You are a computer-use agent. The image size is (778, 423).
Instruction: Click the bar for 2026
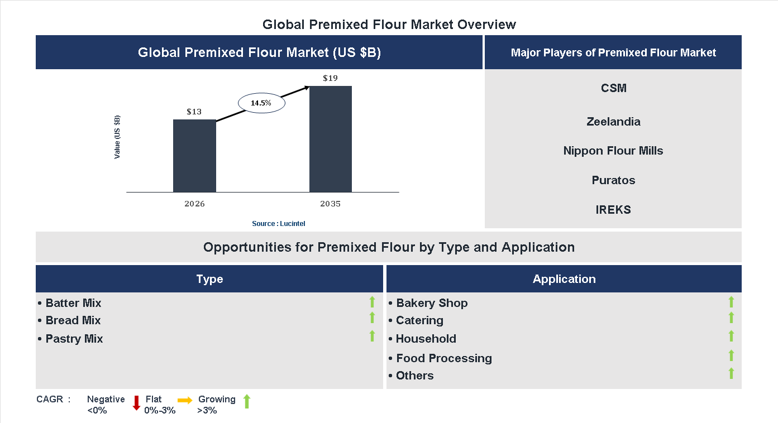pos(194,156)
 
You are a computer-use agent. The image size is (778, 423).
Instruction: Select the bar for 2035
pos(331,139)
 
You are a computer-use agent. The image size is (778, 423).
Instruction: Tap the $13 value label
pos(194,112)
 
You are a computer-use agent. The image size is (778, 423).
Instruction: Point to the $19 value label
pos(330,78)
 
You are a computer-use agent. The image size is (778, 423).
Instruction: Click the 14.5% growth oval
pos(261,103)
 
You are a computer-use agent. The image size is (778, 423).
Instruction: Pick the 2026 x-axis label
pos(194,204)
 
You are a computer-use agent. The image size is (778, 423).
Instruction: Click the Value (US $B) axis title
pos(117,137)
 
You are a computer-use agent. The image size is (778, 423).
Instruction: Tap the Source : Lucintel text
pos(279,224)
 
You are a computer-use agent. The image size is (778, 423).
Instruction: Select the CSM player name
pos(614,88)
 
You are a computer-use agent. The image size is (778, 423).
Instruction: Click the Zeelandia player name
pos(613,122)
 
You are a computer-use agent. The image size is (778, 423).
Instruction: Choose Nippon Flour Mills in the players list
pos(613,151)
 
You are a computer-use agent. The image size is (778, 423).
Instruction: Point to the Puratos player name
pos(613,180)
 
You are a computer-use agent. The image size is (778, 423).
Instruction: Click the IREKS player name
pos(613,210)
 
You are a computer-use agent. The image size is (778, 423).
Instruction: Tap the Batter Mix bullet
pos(70,303)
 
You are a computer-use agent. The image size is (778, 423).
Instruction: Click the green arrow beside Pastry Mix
pos(372,336)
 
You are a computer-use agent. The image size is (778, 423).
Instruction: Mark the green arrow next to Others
pos(731,374)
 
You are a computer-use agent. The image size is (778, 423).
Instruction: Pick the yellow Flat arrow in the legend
pos(185,400)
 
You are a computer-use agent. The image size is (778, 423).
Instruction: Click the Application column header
pos(564,279)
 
